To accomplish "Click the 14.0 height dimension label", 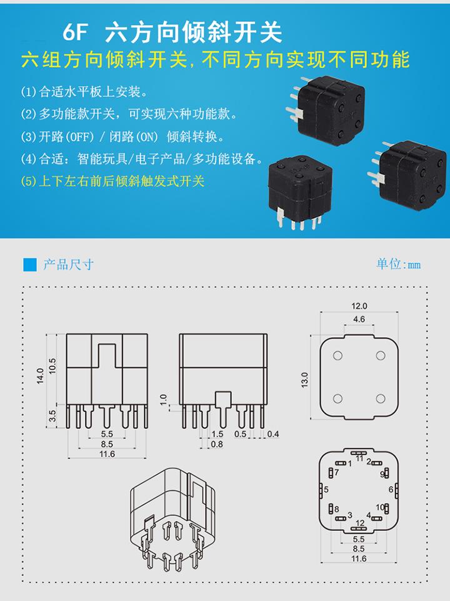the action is tap(40, 376).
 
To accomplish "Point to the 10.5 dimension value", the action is tap(52, 366).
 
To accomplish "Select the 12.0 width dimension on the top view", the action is tap(359, 306).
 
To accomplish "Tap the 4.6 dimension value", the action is tap(359, 319).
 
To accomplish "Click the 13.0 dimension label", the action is tap(304, 380).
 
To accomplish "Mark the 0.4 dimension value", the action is tap(273, 434).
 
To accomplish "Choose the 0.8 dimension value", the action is tap(217, 444).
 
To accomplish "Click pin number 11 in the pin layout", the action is tap(359, 458).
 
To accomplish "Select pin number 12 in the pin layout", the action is tap(360, 523).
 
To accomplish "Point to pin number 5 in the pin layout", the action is tap(326, 490).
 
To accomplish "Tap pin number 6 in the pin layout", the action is tap(391, 490).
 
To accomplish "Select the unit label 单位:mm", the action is tap(398, 264).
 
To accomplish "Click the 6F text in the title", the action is tap(75, 32).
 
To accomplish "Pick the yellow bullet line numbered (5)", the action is tap(112, 181).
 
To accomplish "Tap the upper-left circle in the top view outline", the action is tap(337, 355).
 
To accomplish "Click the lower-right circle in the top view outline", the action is tap(380, 398).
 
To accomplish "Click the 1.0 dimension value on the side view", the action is tap(164, 400).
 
